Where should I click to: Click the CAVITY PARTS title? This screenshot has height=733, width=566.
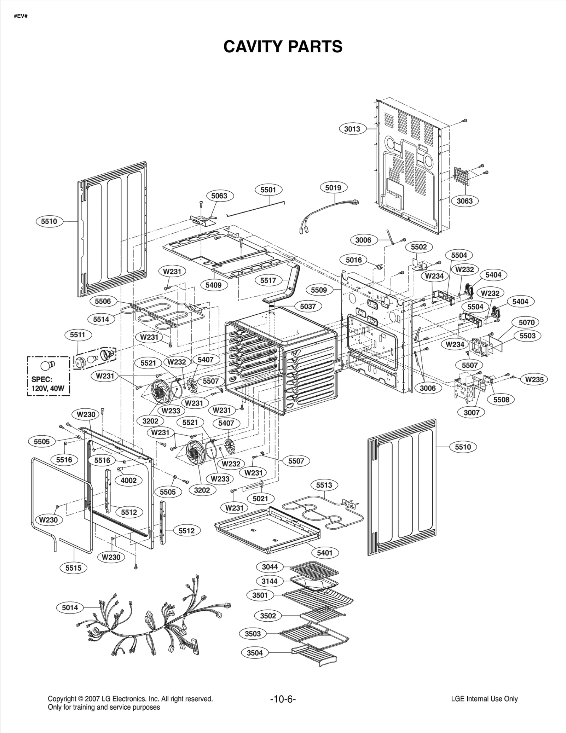pyautogui.click(x=283, y=46)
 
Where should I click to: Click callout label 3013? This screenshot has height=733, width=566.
pyautogui.click(x=352, y=129)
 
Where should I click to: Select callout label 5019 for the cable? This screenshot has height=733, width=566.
pyautogui.click(x=333, y=187)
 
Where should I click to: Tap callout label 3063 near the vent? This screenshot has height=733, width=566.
pyautogui.click(x=464, y=201)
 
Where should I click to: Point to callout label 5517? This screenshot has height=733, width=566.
pyautogui.click(x=268, y=280)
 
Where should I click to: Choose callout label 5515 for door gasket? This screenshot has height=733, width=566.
pyautogui.click(x=73, y=568)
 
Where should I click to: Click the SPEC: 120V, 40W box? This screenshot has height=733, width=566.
pyautogui.click(x=48, y=376)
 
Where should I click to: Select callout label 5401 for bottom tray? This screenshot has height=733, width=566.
pyautogui.click(x=324, y=553)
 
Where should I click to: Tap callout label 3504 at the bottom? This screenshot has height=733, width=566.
pyautogui.click(x=255, y=653)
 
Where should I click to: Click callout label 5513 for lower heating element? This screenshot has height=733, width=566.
pyautogui.click(x=324, y=485)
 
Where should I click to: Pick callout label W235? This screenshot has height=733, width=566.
pyautogui.click(x=534, y=379)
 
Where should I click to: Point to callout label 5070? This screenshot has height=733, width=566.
pyautogui.click(x=526, y=322)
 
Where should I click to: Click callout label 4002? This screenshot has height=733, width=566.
pyautogui.click(x=128, y=480)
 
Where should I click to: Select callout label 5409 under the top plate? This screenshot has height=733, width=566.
pyautogui.click(x=214, y=285)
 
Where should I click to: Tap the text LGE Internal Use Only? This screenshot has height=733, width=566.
pyautogui.click(x=484, y=699)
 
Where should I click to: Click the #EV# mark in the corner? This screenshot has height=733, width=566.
pyautogui.click(x=21, y=16)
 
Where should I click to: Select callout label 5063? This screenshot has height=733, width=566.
pyautogui.click(x=219, y=196)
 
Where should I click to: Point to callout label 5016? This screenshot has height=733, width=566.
pyautogui.click(x=354, y=260)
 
